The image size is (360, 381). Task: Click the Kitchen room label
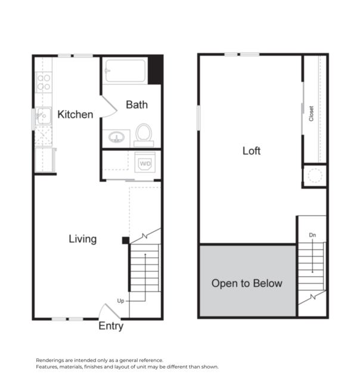point(75,114)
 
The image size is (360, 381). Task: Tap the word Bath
point(136,105)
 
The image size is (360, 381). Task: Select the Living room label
point(82,239)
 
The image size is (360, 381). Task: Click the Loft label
point(251,151)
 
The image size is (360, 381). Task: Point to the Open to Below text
point(247,283)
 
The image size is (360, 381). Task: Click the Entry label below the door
point(111,326)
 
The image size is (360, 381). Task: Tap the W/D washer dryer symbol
point(145,163)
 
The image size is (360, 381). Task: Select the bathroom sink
point(116,137)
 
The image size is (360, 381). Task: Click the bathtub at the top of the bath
point(125,71)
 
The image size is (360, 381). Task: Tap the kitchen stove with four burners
point(44,82)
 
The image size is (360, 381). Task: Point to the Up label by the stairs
point(121,301)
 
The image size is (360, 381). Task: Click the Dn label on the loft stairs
point(312,236)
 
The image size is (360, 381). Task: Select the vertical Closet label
point(311,114)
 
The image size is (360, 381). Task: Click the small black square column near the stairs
point(125,240)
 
